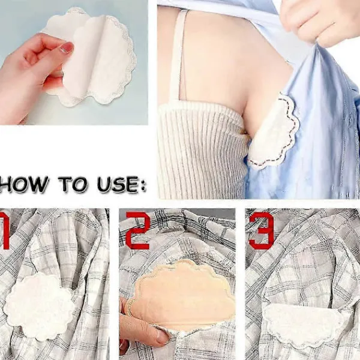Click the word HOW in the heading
[24, 184]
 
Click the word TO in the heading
[73, 184]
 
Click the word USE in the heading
[118, 184]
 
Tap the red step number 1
[5, 230]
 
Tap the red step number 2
[138, 230]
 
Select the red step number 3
[262, 230]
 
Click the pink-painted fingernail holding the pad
[67, 47]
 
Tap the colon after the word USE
[143, 184]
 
